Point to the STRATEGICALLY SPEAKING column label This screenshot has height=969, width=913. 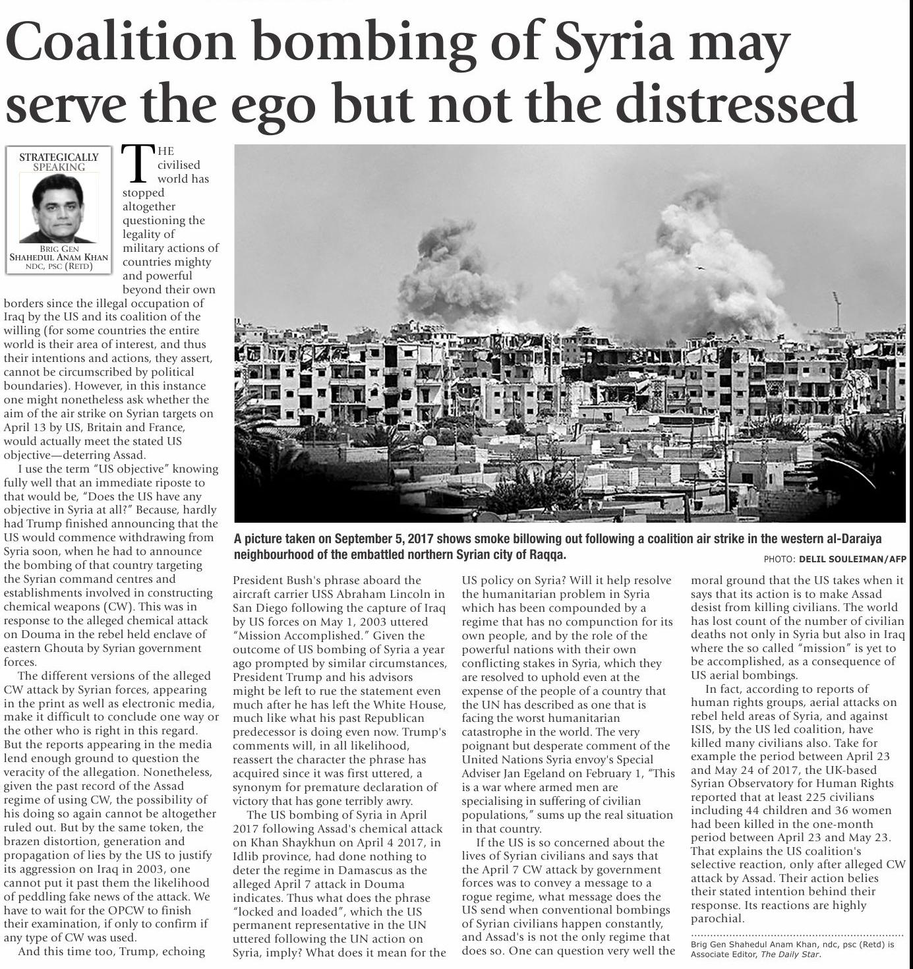pos(59,161)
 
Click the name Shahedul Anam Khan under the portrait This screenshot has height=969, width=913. pos(59,257)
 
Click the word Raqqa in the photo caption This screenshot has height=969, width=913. pos(547,554)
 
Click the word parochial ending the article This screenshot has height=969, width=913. pos(717,918)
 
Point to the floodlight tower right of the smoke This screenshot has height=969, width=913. pos(837,310)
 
